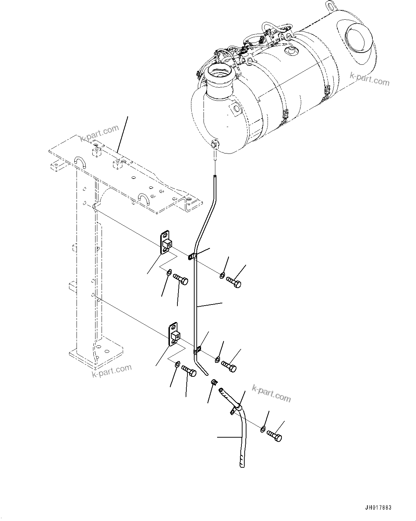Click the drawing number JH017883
coord(378,508)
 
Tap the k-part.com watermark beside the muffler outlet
coord(369,79)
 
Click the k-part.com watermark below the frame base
coord(112,371)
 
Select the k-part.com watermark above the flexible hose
coord(271,393)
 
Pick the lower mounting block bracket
coord(174,335)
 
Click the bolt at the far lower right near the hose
coord(274,436)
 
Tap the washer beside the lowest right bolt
coord(263,429)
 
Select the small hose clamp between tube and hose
coord(214,382)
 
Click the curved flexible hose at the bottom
coord(243,437)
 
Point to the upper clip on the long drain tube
coord(192,256)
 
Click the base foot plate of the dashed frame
coord(96,354)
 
